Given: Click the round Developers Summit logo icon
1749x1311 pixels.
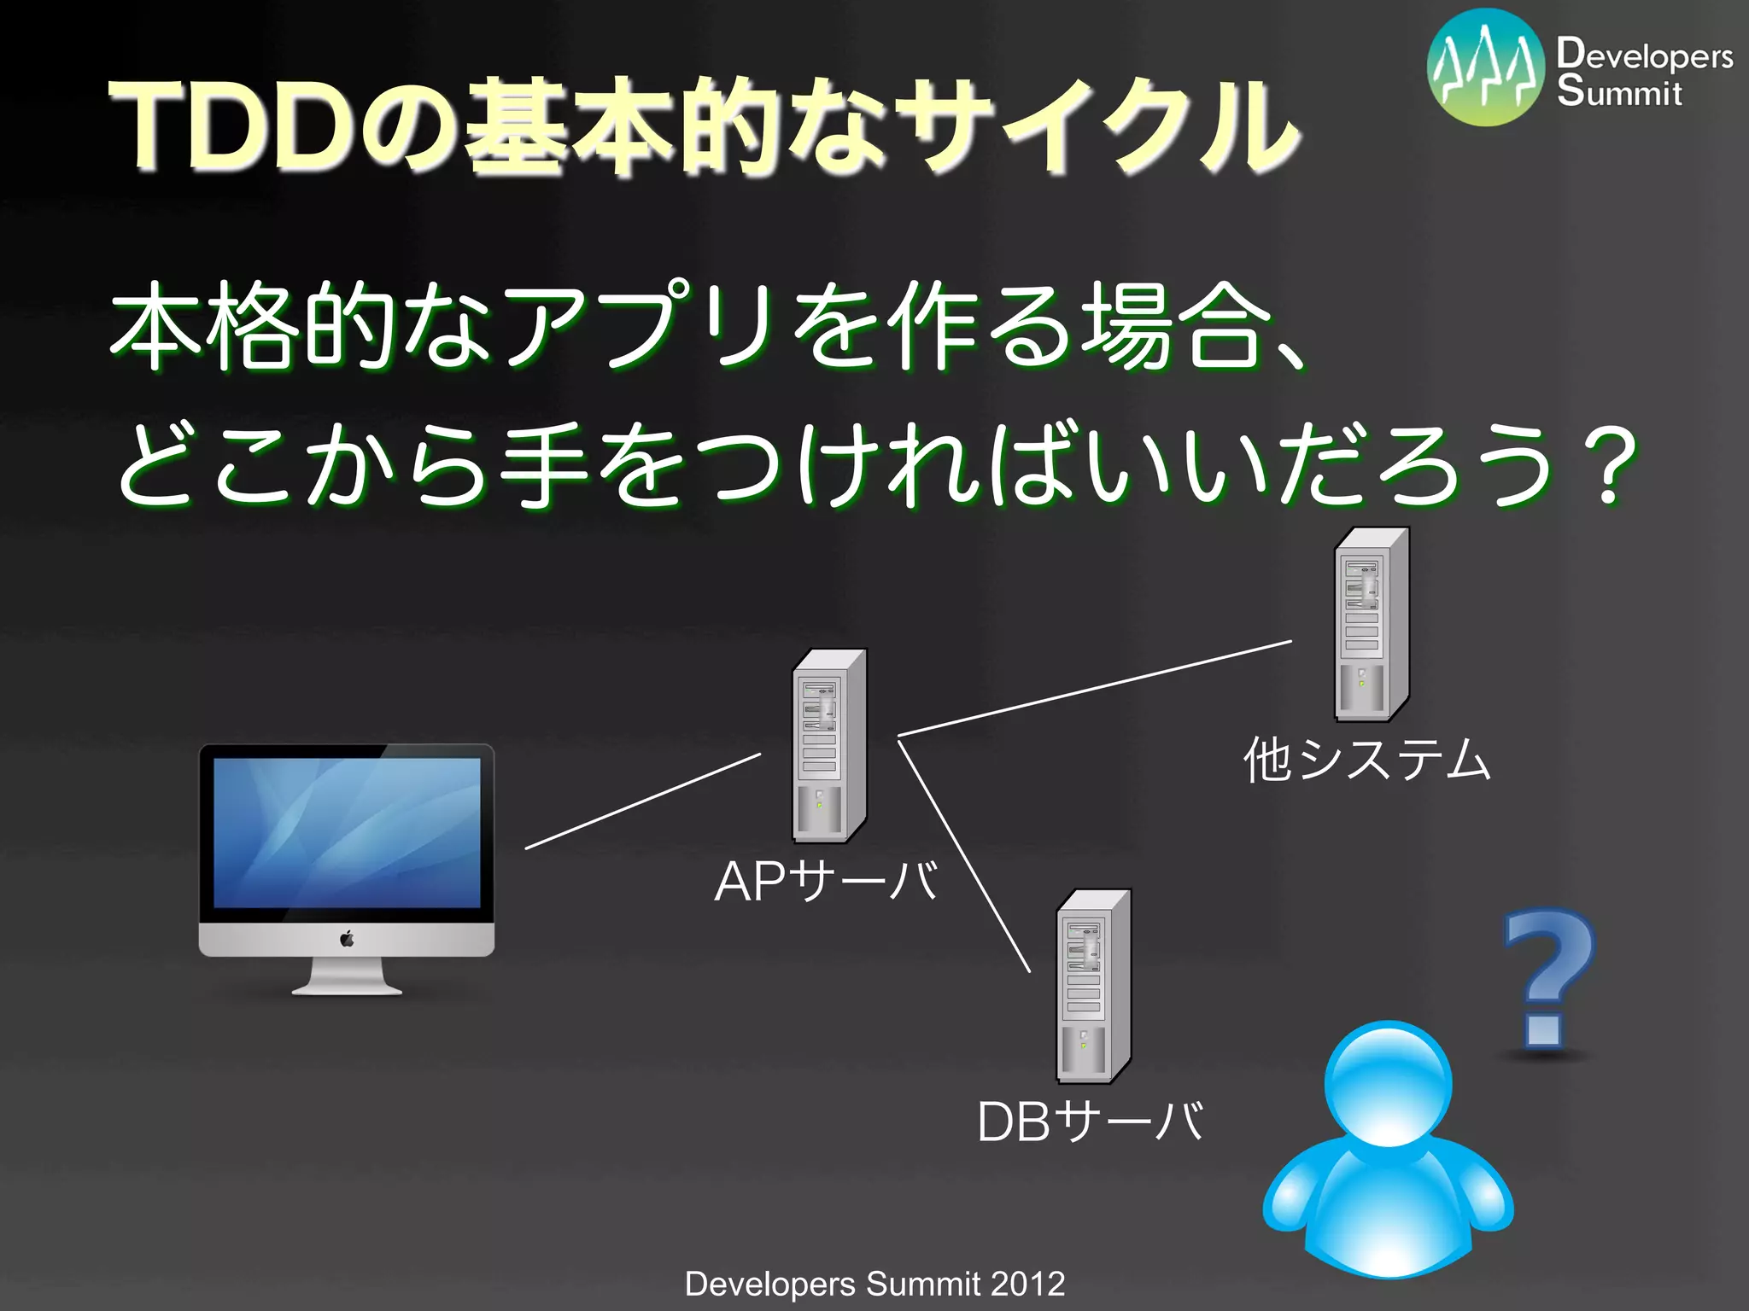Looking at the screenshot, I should [1487, 68].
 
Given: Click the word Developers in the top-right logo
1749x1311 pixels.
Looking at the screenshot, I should [1645, 55].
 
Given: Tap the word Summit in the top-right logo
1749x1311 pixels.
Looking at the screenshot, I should [1619, 91].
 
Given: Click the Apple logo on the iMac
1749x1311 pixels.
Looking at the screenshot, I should [347, 940].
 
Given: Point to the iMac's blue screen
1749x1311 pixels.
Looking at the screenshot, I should [347, 832].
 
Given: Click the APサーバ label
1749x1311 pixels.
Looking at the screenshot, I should [826, 882].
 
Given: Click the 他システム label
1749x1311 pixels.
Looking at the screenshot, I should [1366, 760].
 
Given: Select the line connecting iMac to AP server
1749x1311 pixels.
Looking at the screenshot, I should [642, 801].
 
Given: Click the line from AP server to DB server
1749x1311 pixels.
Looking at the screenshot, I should [963, 856].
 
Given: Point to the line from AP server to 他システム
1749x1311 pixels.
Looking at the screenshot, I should [1093, 687].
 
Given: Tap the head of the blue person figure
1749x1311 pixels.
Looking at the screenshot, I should [1388, 1084].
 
